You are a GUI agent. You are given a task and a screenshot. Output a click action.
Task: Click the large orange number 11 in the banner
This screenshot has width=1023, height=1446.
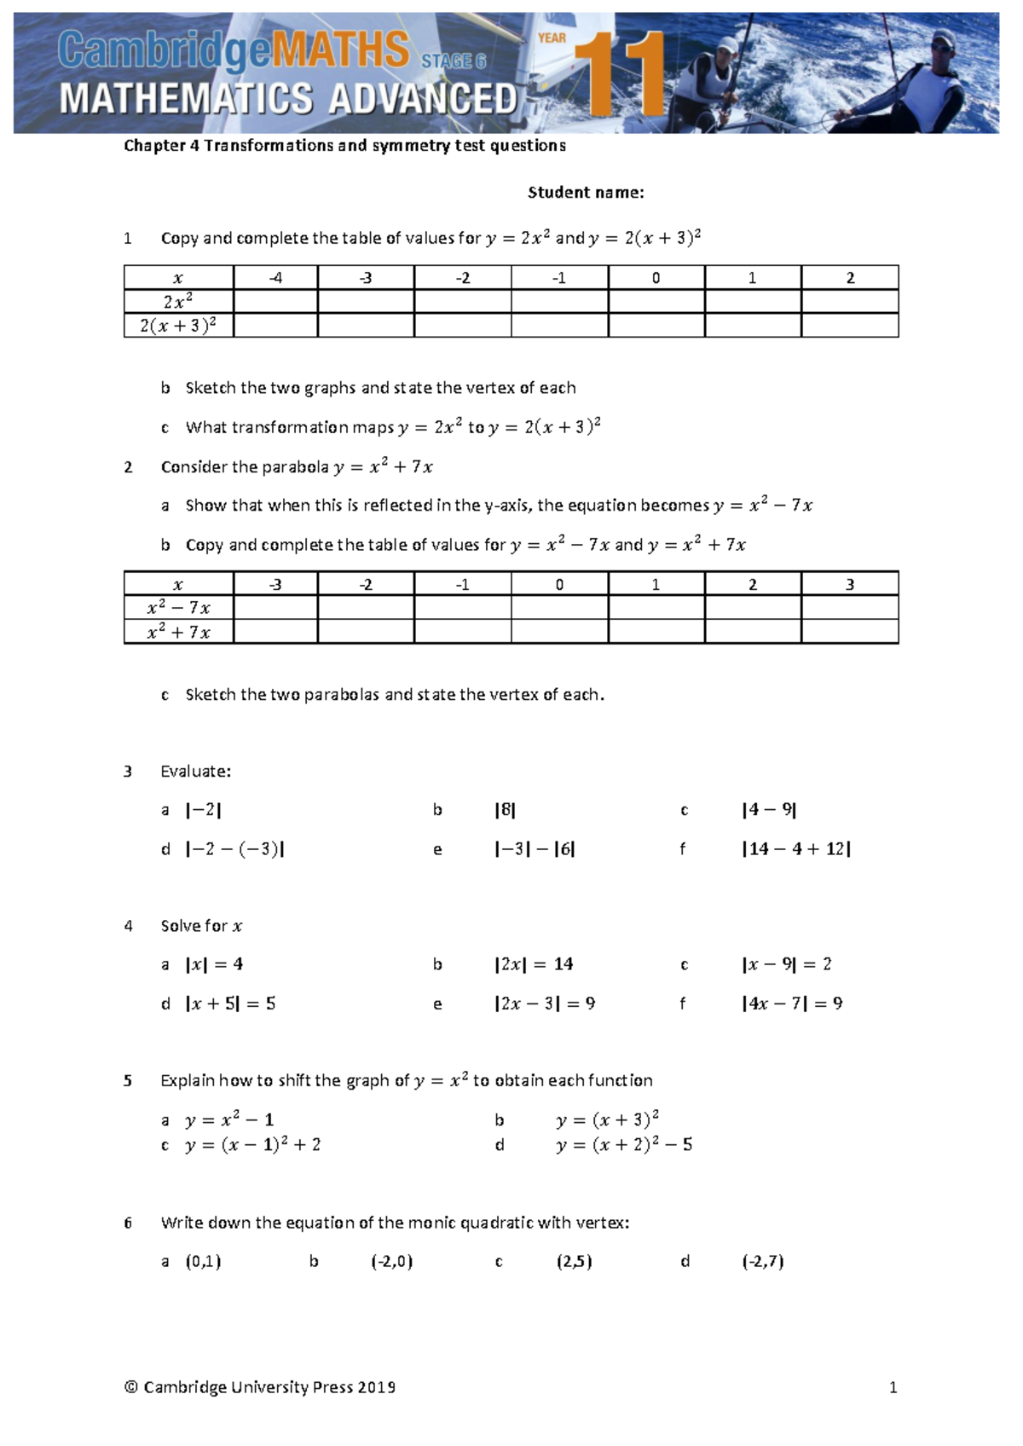click(621, 73)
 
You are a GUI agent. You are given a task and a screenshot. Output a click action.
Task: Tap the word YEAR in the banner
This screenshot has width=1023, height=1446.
click(552, 38)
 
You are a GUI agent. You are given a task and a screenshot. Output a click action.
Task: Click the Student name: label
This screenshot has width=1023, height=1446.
click(586, 193)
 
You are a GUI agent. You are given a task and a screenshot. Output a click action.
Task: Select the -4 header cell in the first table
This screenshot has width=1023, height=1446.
click(275, 278)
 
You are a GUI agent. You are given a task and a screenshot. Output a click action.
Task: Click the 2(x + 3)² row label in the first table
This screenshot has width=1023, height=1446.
click(178, 325)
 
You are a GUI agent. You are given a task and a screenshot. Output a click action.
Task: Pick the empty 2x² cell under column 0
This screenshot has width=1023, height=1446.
click(656, 301)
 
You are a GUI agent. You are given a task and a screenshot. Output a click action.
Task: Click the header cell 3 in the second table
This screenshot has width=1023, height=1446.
click(849, 584)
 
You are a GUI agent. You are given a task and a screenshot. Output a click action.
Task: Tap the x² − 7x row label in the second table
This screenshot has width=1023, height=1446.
click(178, 607)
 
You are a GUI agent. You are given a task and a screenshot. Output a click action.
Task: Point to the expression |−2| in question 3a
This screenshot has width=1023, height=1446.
click(204, 810)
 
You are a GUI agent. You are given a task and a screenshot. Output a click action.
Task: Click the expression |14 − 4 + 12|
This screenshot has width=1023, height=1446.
click(795, 849)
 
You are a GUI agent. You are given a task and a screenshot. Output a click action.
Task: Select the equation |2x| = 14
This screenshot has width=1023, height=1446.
click(534, 964)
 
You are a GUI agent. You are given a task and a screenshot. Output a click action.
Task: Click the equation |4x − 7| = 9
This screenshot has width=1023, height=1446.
click(792, 1004)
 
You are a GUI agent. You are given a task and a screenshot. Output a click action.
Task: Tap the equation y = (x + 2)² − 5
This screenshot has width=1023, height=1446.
click(624, 1145)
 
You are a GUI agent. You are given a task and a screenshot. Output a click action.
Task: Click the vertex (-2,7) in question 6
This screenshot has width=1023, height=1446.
click(762, 1262)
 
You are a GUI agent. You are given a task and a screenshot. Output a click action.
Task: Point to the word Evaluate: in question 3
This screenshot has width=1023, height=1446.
click(196, 772)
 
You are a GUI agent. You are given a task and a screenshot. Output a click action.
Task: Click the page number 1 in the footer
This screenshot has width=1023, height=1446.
click(893, 1387)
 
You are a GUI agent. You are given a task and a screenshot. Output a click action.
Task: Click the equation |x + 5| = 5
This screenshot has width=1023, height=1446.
click(230, 1004)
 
